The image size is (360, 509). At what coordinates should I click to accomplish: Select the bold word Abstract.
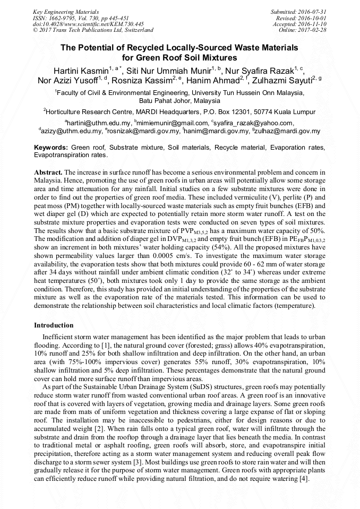pyautogui.click(x=48, y=173)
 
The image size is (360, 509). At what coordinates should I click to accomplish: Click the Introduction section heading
pyautogui.click(x=54, y=325)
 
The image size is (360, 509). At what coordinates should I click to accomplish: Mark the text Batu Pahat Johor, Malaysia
pyautogui.click(x=179, y=100)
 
